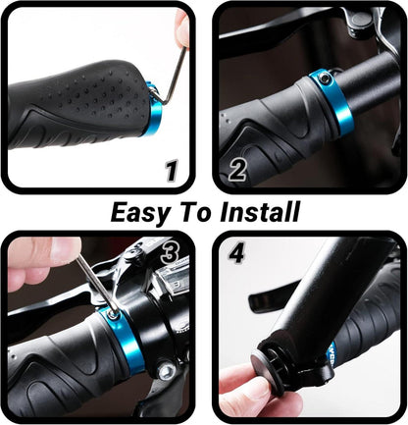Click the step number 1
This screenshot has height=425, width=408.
[x=172, y=170]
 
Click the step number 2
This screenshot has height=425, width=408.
[x=237, y=170]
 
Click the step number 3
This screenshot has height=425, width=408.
[x=171, y=253]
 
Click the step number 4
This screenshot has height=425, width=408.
[x=236, y=253]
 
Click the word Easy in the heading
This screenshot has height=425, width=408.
[x=140, y=213]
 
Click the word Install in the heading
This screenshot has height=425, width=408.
[x=260, y=211]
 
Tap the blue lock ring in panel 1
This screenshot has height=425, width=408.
[x=154, y=110]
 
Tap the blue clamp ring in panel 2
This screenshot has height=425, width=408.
[x=331, y=101]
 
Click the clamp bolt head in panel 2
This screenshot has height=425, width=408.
[x=325, y=78]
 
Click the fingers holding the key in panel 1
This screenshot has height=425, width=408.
[x=182, y=27]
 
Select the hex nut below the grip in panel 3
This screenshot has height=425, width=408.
[x=166, y=371]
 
